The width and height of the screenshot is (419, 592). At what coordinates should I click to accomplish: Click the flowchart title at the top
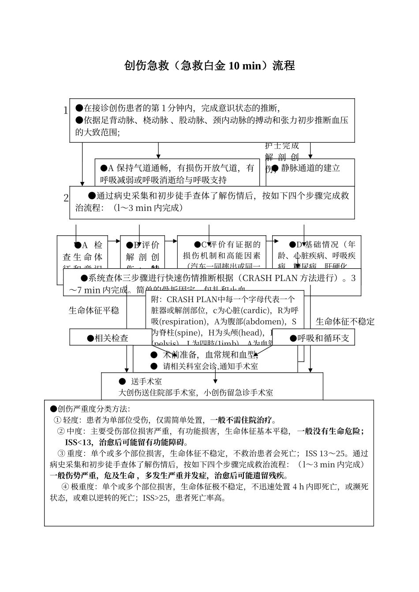point(209,66)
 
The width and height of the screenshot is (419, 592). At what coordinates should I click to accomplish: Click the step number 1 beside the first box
point(66,111)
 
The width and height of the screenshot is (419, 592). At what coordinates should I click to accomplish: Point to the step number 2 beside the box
point(66,198)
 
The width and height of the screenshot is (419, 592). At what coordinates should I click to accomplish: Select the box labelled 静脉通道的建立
point(311,172)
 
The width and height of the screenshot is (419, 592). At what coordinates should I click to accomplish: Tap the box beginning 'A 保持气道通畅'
point(177,173)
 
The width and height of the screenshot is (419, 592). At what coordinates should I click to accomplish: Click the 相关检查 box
point(111,338)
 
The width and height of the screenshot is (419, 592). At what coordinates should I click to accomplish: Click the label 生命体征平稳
point(94,310)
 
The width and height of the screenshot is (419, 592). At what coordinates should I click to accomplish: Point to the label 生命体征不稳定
point(345,322)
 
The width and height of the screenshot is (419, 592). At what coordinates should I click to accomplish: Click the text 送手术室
point(146,381)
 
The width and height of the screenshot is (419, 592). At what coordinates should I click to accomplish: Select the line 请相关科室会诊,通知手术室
point(210,366)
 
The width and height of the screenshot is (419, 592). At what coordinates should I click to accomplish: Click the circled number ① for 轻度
point(57,420)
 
